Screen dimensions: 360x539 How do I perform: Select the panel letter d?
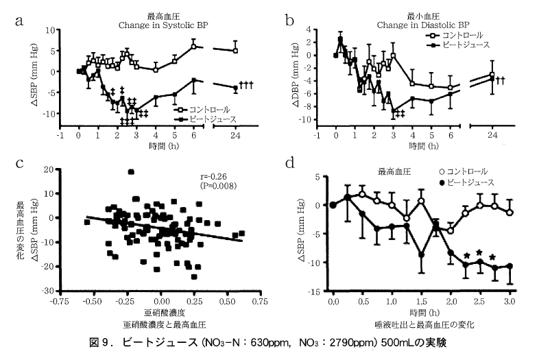tap(291, 164)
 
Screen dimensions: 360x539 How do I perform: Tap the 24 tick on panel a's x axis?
tap(235, 136)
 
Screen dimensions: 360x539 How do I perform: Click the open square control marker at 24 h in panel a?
tap(235, 50)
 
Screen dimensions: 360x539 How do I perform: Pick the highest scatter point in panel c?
tap(131, 172)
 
